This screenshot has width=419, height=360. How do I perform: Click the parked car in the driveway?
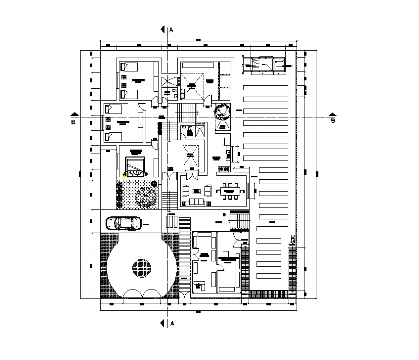point(123,223)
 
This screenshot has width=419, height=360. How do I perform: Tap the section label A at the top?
point(171,30)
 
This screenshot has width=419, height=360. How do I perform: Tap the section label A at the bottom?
point(171,323)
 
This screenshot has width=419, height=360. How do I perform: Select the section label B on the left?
point(73,122)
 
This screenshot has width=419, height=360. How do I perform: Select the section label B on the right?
point(332,121)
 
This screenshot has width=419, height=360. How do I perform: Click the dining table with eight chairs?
point(230,192)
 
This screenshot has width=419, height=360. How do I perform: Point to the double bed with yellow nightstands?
point(135,164)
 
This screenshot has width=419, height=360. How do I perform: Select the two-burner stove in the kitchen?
point(223,169)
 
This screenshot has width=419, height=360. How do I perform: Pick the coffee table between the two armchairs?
point(196,192)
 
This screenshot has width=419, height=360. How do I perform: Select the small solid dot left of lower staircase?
point(223,214)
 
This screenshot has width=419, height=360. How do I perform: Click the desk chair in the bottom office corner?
point(198,286)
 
